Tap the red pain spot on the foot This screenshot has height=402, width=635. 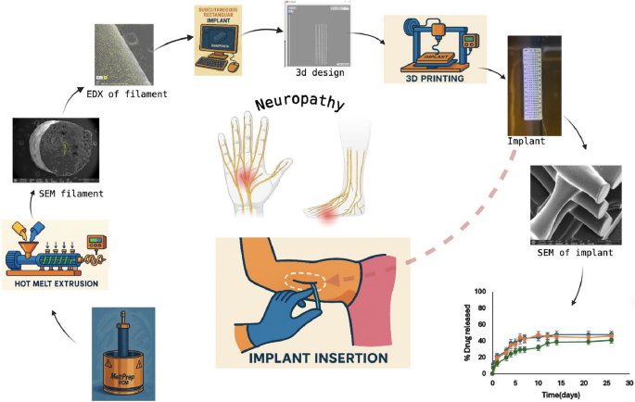click(327, 215)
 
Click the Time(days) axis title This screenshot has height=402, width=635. click(560, 395)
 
